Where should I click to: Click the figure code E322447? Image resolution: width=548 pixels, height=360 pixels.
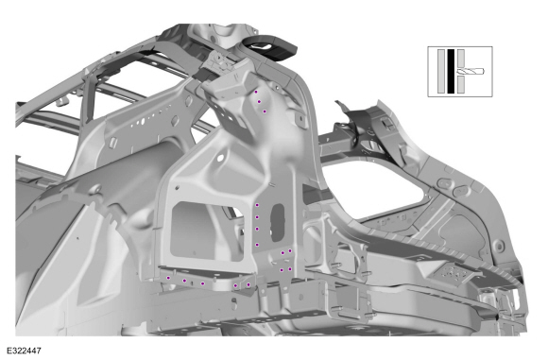pos(24,351)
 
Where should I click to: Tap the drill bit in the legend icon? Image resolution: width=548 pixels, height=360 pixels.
pos(471,71)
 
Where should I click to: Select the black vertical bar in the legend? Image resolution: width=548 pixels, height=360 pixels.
pos(451,71)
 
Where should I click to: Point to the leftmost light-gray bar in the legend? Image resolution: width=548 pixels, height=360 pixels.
pos(441,71)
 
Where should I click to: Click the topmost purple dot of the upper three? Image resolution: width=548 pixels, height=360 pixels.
pos(256,92)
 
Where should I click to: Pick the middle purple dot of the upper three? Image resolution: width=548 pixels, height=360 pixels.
pos(259,102)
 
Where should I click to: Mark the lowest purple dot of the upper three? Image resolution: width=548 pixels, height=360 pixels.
pos(265,111)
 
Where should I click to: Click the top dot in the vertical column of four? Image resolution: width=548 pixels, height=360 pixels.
pos(257,205)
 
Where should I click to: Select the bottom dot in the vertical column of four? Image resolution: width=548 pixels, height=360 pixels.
pos(257,245)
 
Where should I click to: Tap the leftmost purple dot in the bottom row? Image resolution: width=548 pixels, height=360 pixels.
pos(168,278)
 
